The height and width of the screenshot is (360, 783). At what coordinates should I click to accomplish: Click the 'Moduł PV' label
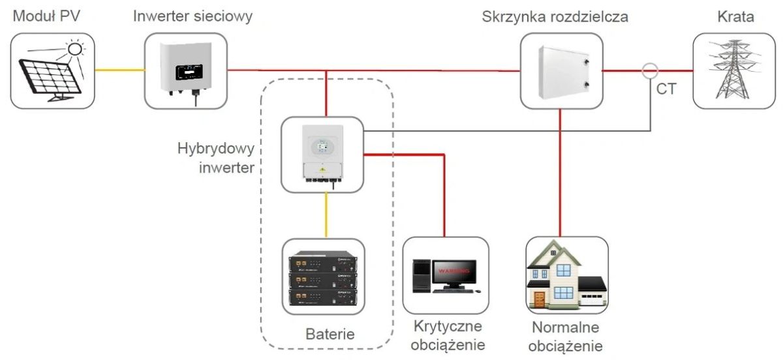pos(46,16)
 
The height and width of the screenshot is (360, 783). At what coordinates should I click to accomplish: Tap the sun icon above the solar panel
pos(75,49)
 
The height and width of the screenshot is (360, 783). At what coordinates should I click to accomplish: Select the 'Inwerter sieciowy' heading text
pos(192,16)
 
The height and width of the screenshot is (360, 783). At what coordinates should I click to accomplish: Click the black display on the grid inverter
pos(189,72)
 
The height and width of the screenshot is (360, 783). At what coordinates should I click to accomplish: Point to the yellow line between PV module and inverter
pos(119,70)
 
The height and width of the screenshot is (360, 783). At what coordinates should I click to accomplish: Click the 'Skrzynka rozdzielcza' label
pos(555,17)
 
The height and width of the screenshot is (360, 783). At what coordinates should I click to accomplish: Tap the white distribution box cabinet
pos(564,72)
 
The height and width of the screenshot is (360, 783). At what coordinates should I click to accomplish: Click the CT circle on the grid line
pos(650,71)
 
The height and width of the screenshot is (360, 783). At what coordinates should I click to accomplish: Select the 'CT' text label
pos(666,89)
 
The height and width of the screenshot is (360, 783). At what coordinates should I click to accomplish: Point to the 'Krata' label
pos(735,17)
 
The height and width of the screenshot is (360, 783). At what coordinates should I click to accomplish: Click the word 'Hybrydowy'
pos(216,149)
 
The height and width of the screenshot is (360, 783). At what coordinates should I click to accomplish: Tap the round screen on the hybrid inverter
pos(322,146)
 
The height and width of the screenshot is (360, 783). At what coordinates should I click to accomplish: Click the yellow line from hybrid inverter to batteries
pos(326,215)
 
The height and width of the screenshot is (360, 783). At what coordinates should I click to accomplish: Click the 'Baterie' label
pos(330,334)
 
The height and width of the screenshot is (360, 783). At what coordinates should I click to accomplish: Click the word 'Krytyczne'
pos(448,327)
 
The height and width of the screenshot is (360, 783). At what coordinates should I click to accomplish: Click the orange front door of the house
pos(540,299)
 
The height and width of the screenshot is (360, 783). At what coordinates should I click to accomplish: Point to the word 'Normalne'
pos(565,327)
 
